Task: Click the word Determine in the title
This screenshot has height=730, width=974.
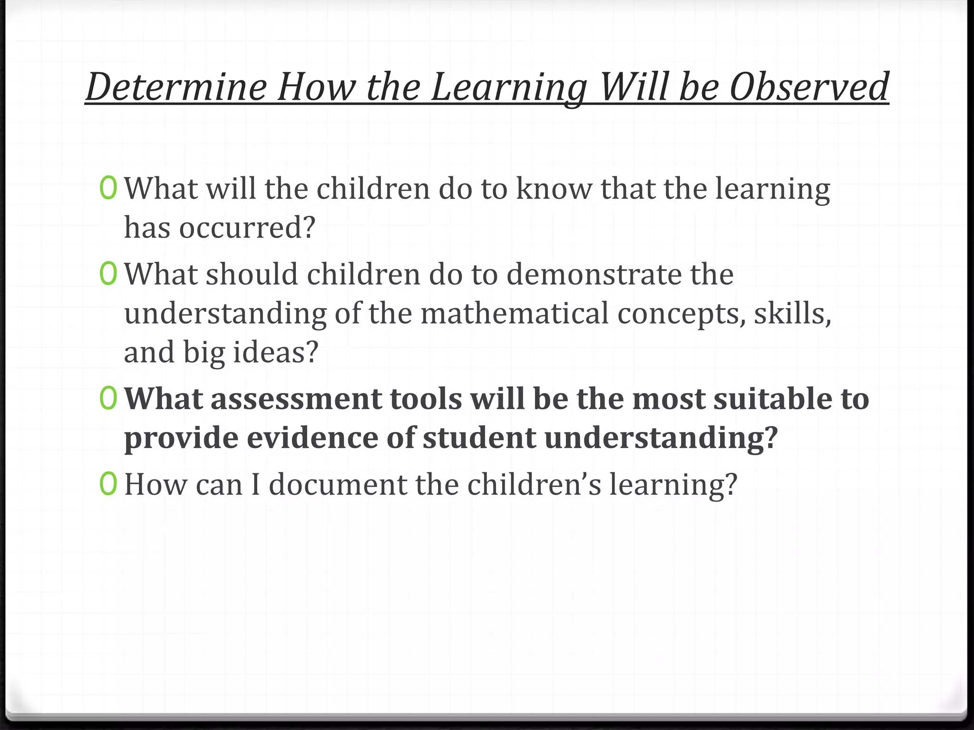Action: (176, 86)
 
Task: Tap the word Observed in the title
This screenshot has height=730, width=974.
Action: (808, 86)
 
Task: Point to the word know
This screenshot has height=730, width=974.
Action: (554, 189)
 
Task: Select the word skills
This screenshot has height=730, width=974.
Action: (792, 314)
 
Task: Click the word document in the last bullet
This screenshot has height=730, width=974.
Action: (338, 485)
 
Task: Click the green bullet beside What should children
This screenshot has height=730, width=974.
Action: (108, 274)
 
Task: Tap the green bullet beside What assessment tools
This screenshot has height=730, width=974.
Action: (108, 399)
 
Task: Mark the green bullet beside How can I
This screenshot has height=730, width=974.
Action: (108, 484)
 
